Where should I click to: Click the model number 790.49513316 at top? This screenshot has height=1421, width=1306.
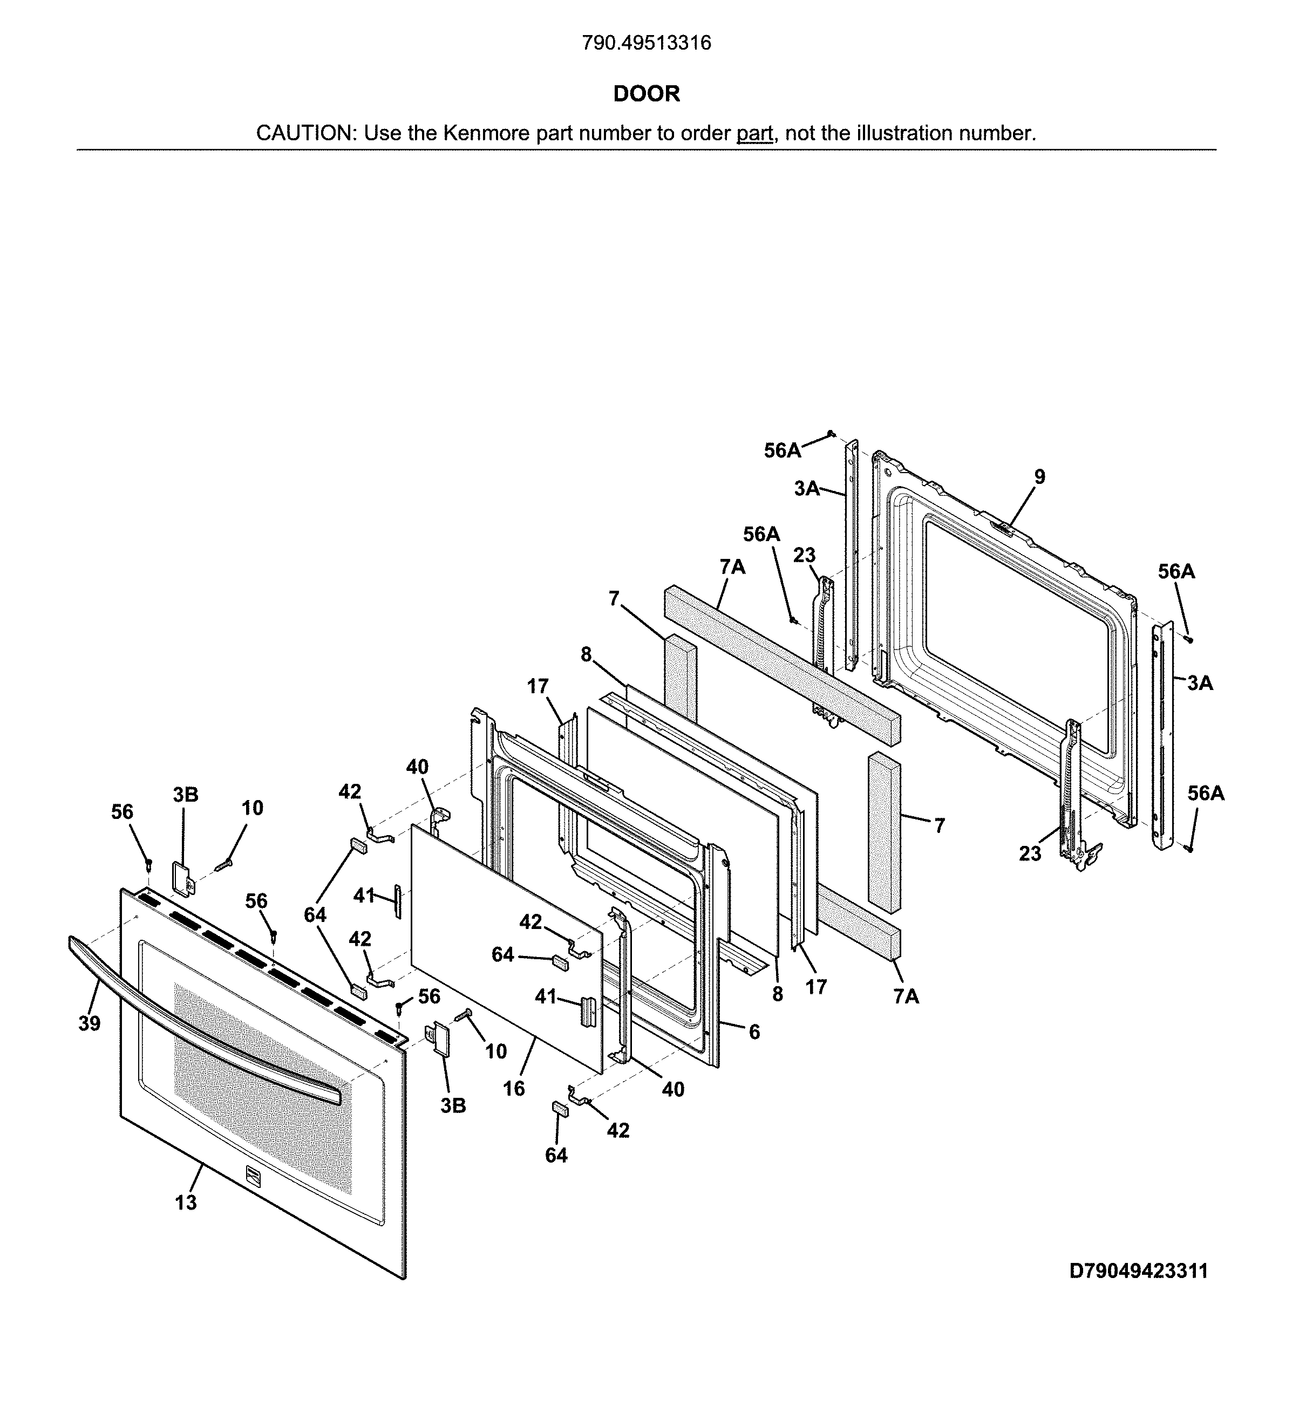646,43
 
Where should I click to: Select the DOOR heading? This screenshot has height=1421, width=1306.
646,94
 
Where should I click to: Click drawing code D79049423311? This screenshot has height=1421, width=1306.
1139,1271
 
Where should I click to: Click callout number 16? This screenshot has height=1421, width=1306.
514,1088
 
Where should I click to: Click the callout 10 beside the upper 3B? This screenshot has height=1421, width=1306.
253,808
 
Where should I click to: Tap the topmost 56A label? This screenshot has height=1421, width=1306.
783,450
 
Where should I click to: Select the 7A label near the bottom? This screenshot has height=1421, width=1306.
906,996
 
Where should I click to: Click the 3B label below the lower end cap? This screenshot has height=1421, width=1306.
453,1106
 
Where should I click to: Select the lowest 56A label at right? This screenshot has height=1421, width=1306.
1206,794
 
